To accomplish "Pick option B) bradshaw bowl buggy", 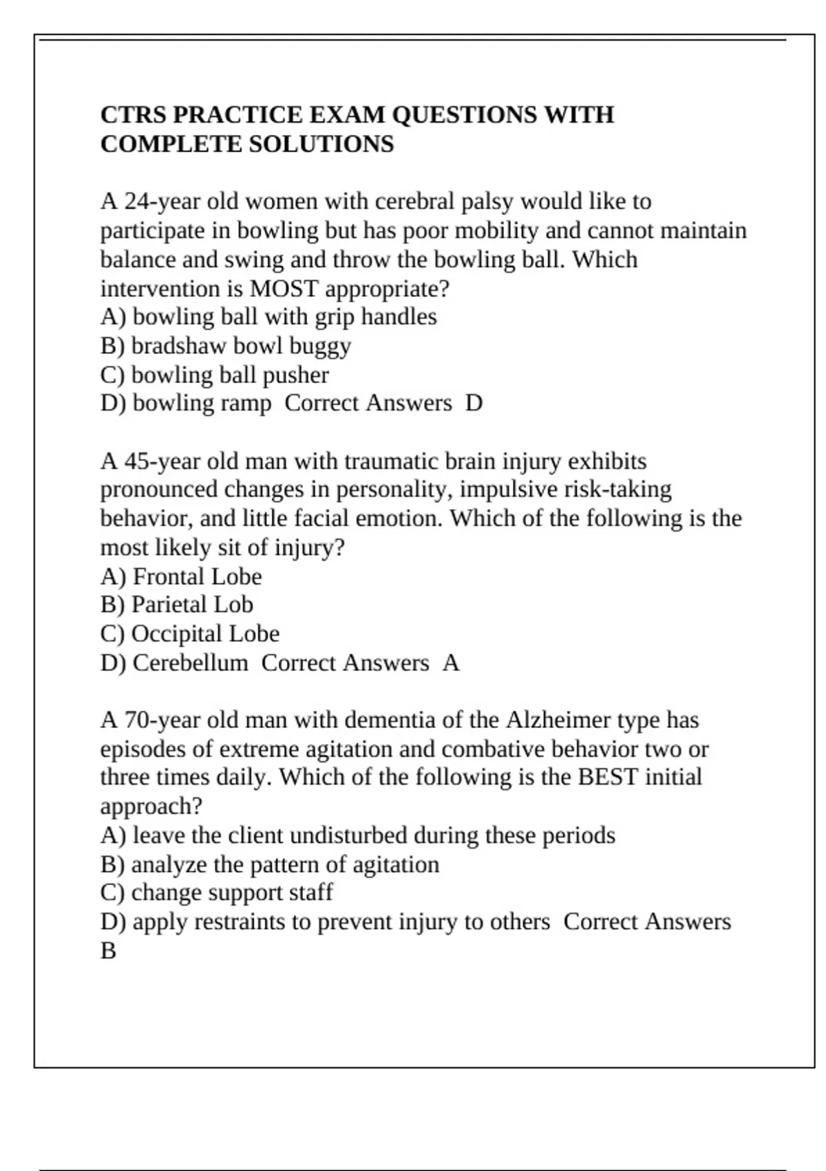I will (x=225, y=346).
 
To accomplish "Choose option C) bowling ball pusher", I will (x=214, y=375).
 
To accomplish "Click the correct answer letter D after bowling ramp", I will (x=474, y=403).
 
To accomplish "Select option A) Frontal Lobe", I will (x=181, y=577).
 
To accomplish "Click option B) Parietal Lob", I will (x=176, y=605).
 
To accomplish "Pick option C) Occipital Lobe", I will (x=189, y=634).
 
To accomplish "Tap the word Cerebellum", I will (x=190, y=663).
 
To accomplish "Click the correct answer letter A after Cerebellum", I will (x=451, y=663).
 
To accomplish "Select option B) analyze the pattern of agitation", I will (x=269, y=864).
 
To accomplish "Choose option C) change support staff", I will (x=216, y=893).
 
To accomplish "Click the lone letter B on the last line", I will (x=108, y=951).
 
